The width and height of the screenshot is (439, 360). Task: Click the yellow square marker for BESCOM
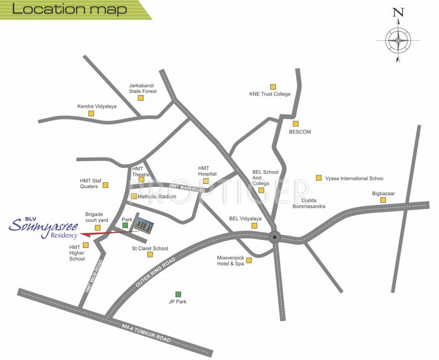pos(296,124)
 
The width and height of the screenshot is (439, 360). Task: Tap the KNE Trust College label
pos(269,94)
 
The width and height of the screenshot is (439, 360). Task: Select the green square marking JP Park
pos(178,294)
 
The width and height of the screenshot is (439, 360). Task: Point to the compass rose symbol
pos(398,40)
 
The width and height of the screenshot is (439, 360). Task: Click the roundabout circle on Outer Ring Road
pos(275,237)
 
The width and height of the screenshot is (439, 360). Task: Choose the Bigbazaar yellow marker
pos(383,200)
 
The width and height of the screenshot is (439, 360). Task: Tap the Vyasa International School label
pos(354,179)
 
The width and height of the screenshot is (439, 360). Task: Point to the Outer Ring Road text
pos(156,272)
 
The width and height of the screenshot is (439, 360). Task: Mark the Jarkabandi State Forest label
pos(143,88)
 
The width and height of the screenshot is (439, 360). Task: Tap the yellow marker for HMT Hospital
pos(205,181)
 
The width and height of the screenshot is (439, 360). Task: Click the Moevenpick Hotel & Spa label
pos(231,261)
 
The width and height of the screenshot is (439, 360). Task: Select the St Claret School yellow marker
pos(150,255)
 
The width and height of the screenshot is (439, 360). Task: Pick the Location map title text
pos(69,9)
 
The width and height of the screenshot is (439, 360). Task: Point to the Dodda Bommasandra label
pos(309,203)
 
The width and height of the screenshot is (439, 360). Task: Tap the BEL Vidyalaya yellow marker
pos(254,225)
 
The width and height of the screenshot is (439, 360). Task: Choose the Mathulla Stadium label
pos(156,197)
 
